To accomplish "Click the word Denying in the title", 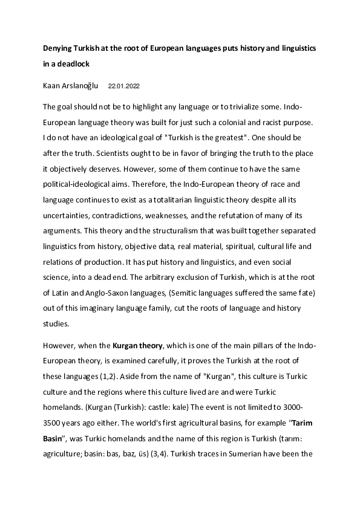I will (x=59, y=47).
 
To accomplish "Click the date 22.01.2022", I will (x=125, y=86).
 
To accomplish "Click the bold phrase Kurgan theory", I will (x=137, y=346).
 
